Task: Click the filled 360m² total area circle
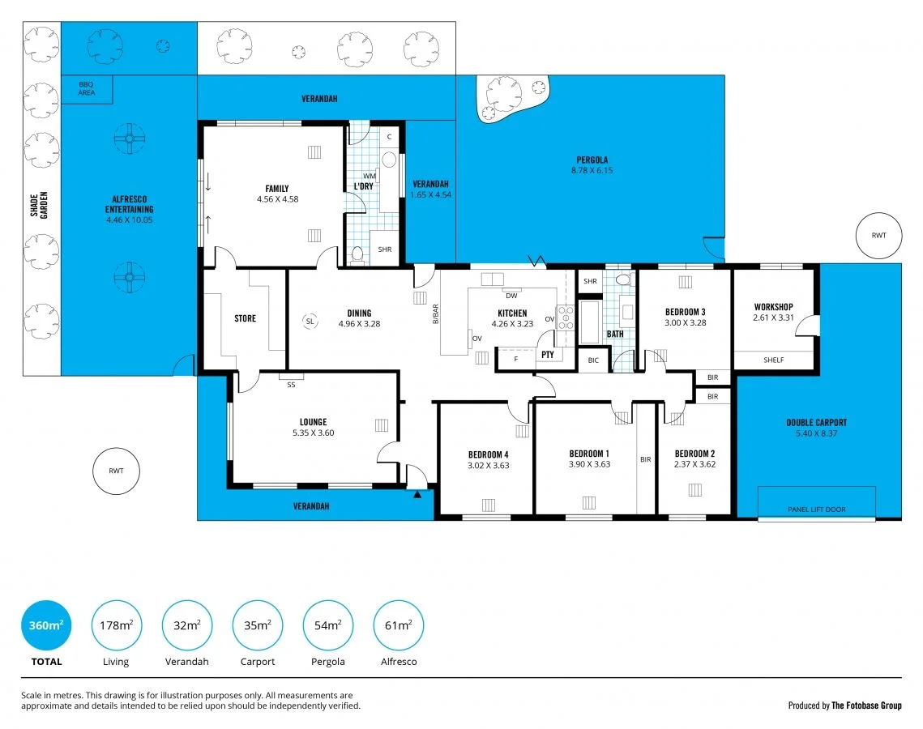[x=45, y=625]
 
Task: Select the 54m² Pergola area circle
[x=327, y=625]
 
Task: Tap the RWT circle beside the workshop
[x=878, y=236]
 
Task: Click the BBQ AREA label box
[x=87, y=88]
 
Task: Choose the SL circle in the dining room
[x=310, y=321]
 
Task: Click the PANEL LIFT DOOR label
[x=816, y=509]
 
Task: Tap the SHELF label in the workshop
[x=773, y=360]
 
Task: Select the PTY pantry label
[x=548, y=354]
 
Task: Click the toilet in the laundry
[x=357, y=254]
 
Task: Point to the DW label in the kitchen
[x=511, y=296]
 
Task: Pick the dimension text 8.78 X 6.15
[x=592, y=171]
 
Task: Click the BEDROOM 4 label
[x=488, y=454]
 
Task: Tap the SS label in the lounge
[x=291, y=385]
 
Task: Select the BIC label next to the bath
[x=593, y=360]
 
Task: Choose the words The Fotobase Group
[x=867, y=706]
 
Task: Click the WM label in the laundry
[x=369, y=176]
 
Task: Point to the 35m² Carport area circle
[x=258, y=625]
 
